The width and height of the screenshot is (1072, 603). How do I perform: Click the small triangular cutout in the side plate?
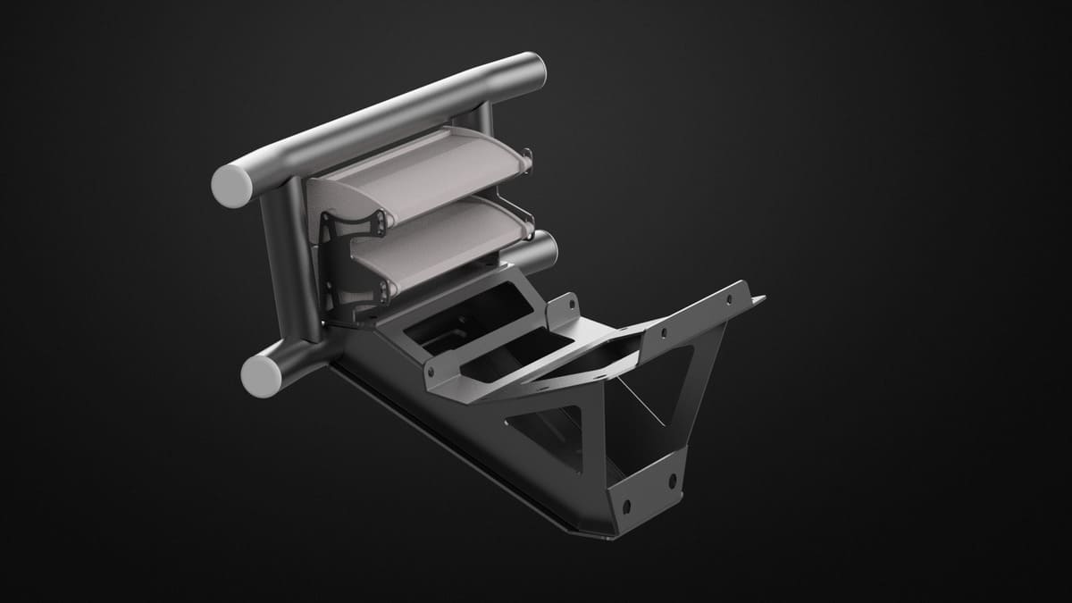click(x=545, y=430)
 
